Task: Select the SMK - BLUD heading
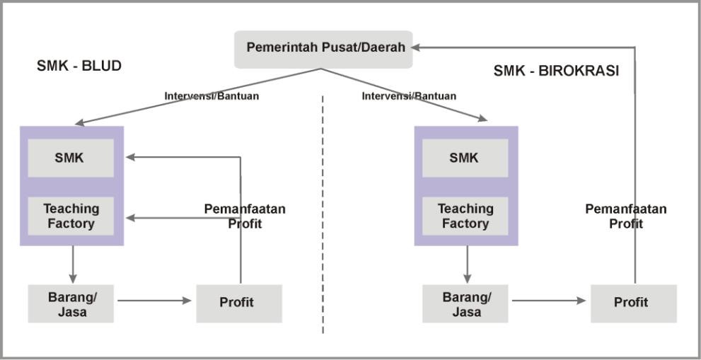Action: pyautogui.click(x=79, y=66)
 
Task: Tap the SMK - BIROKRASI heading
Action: pyautogui.click(x=556, y=71)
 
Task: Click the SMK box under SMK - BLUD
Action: pyautogui.click(x=70, y=158)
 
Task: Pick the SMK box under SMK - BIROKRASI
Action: pyautogui.click(x=465, y=158)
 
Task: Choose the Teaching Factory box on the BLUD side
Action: pyautogui.click(x=71, y=216)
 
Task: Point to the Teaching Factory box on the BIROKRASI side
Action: pyautogui.click(x=465, y=216)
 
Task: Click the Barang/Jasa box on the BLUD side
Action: pyautogui.click(x=71, y=303)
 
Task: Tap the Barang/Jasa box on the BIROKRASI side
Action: pyautogui.click(x=465, y=303)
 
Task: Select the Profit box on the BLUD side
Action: pyautogui.click(x=238, y=303)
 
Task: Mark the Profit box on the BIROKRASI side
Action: pyautogui.click(x=633, y=303)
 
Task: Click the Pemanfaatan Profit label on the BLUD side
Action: pyautogui.click(x=245, y=216)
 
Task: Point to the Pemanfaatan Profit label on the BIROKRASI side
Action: pyautogui.click(x=626, y=216)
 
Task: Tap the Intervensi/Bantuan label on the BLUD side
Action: pyautogui.click(x=212, y=96)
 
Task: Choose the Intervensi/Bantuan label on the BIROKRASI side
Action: pyautogui.click(x=409, y=96)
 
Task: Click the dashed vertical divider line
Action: pyautogui.click(x=323, y=212)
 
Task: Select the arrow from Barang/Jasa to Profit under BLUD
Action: pyautogui.click(x=154, y=301)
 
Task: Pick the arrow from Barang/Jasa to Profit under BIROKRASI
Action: pyautogui.click(x=549, y=301)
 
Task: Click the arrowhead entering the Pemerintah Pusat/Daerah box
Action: pyautogui.click(x=417, y=47)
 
